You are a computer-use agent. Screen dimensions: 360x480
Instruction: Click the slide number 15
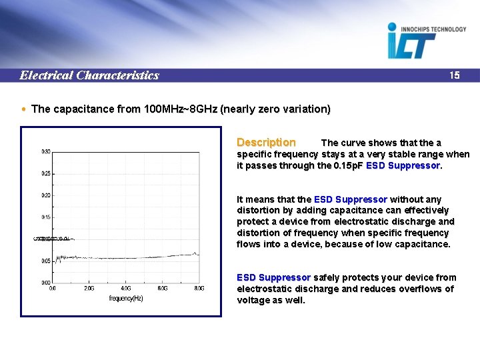pyautogui.click(x=454, y=75)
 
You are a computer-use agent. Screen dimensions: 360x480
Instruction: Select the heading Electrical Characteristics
pyautogui.click(x=89, y=75)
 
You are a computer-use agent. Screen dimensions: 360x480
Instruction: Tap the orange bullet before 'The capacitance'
pyautogui.click(x=25, y=109)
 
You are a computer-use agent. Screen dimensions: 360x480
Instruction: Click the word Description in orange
pyautogui.click(x=266, y=142)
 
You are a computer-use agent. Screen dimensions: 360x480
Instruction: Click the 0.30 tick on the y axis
pyautogui.click(x=45, y=151)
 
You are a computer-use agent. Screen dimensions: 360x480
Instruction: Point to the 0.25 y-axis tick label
pyautogui.click(x=45, y=173)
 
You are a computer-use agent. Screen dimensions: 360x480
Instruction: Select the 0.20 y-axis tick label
pyautogui.click(x=45, y=195)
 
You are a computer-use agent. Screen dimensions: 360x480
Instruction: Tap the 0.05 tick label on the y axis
pyautogui.click(x=45, y=261)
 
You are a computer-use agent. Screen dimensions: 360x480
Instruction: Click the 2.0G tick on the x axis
pyautogui.click(x=89, y=289)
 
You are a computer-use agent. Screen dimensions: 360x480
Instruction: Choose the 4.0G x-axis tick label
pyautogui.click(x=125, y=289)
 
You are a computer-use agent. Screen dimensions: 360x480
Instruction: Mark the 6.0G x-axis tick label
pyautogui.click(x=162, y=289)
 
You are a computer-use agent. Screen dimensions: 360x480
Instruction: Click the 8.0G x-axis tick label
pyautogui.click(x=199, y=289)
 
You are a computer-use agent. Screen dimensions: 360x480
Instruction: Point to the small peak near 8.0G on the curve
pyautogui.click(x=194, y=253)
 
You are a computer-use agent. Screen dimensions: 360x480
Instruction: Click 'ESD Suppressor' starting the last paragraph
pyautogui.click(x=273, y=277)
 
